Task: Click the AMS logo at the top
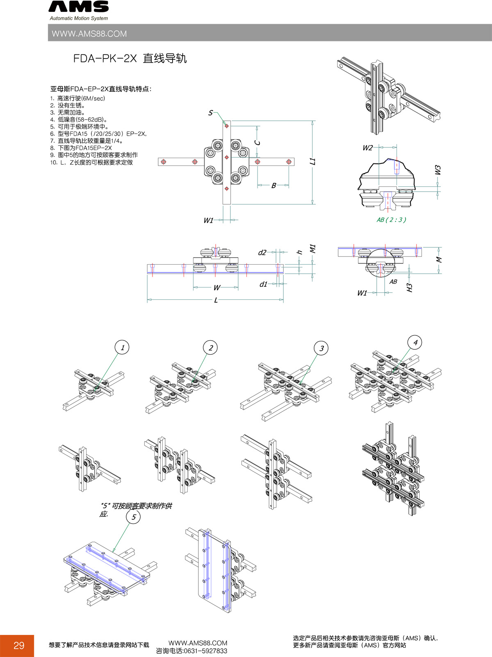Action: point(79,7)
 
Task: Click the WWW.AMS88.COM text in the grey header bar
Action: point(89,34)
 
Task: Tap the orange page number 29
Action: point(19,646)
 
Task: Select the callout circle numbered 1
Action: point(122,348)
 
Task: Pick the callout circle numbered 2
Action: point(210,348)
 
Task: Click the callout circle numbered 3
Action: point(321,349)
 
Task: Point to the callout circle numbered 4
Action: point(415,342)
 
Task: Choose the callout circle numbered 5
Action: point(133,517)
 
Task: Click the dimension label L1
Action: point(313,161)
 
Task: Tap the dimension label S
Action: point(210,113)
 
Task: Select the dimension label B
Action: point(273,186)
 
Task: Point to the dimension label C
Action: point(257,143)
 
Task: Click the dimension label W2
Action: point(367,148)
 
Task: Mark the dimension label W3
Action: point(437,170)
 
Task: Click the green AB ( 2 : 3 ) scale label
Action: point(392,220)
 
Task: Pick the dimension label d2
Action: point(262,253)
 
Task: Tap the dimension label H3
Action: point(409,288)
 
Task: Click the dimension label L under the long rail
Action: point(216,300)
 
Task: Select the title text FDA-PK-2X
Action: point(105,59)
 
